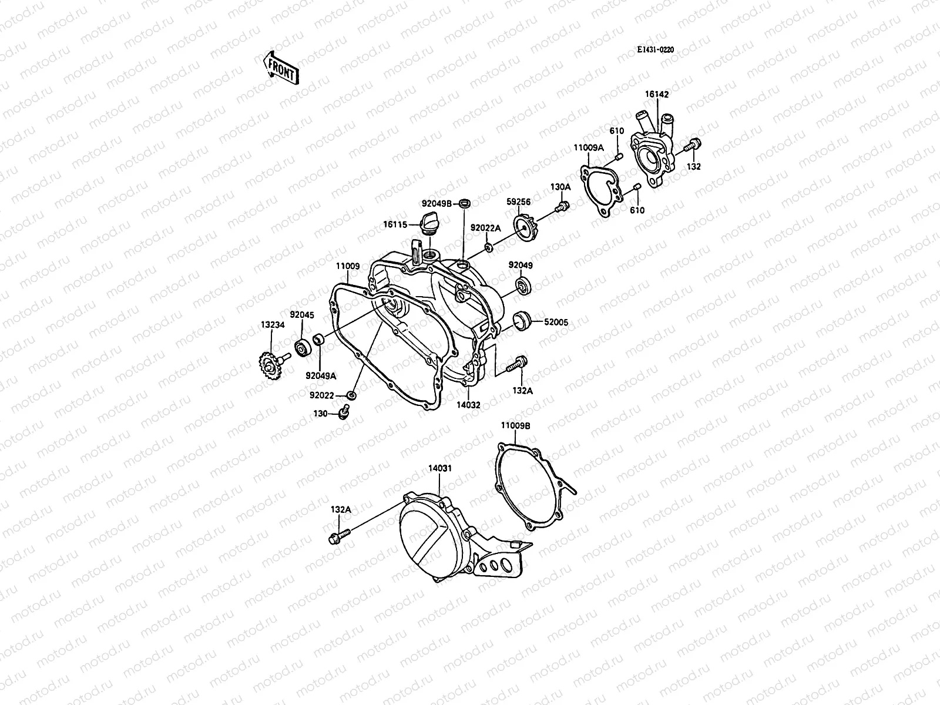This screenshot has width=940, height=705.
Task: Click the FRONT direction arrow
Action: (281, 66)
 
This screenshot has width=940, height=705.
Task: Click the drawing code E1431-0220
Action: (654, 50)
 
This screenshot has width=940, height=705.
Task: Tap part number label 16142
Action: (656, 94)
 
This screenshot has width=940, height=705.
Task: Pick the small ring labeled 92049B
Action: (464, 203)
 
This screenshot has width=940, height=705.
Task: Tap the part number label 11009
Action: (347, 266)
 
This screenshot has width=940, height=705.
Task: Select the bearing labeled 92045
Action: (303, 348)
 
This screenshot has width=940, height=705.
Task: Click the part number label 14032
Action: (468, 404)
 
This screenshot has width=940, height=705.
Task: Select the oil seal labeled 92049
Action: (522, 286)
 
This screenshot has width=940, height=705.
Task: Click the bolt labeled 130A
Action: (562, 207)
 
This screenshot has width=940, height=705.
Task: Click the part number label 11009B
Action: (515, 425)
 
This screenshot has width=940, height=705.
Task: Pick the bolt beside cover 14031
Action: (340, 536)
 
